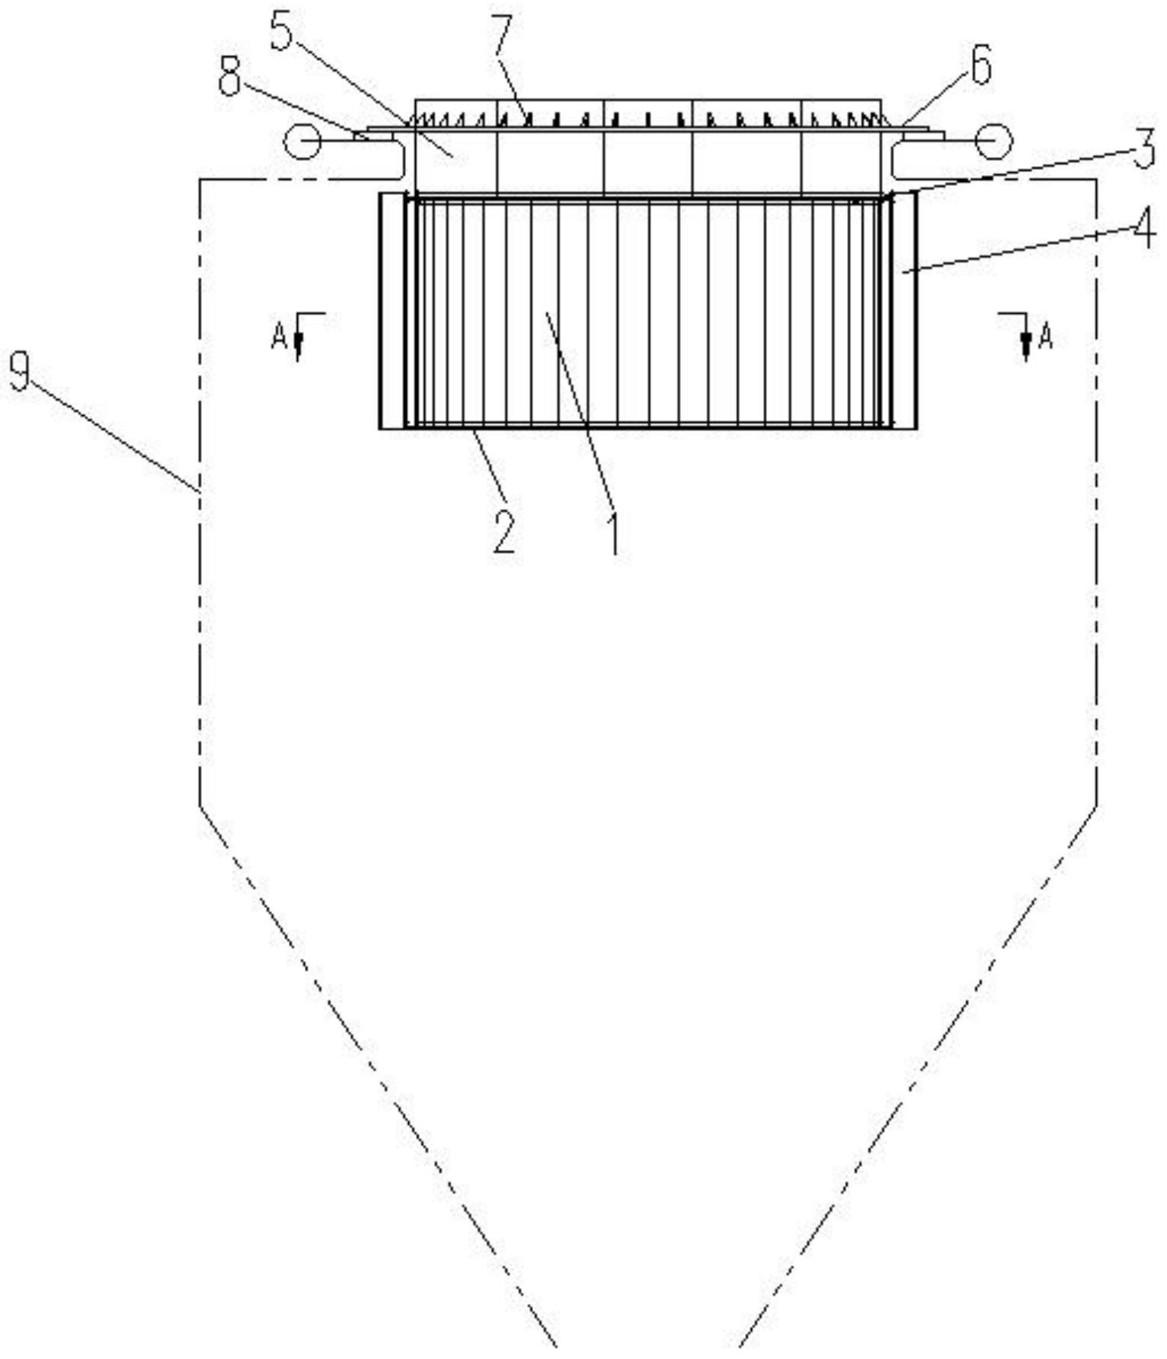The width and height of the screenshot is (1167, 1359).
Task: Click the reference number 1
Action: tap(614, 534)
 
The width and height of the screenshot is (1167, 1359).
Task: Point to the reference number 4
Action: tap(1144, 226)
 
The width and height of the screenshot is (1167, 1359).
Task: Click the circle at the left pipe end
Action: tap(302, 141)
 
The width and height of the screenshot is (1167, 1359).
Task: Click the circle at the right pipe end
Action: tap(994, 141)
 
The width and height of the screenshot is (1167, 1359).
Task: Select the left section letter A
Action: tap(279, 336)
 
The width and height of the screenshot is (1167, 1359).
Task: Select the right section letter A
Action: tap(1045, 336)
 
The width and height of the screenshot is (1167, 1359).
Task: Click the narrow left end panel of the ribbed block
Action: tap(392, 311)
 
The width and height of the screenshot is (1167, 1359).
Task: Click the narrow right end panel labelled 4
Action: tap(904, 311)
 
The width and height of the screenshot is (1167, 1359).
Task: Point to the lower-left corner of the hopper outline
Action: tap(200, 805)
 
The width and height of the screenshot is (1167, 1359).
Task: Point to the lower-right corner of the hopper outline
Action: tap(1097, 805)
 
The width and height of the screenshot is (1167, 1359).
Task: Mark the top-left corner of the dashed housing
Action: tap(200, 180)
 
